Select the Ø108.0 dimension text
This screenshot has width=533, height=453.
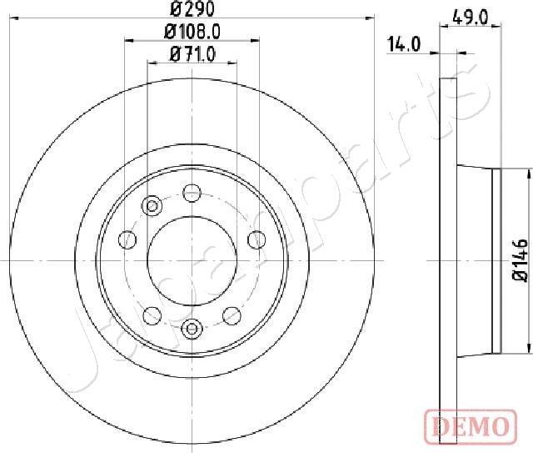pyautogui.click(x=193, y=33)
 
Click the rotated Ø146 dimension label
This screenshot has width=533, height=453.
pyautogui.click(x=520, y=259)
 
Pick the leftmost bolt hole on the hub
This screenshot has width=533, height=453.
pyautogui.click(x=127, y=240)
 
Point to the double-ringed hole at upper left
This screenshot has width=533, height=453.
pyautogui.click(x=152, y=206)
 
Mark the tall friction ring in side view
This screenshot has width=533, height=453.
pyautogui.click(x=449, y=260)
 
